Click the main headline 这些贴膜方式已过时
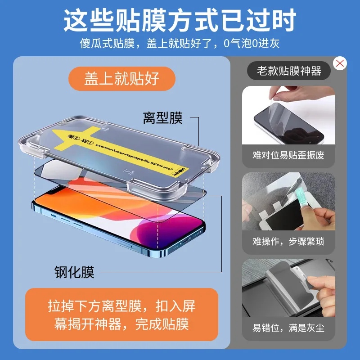pos(180,20)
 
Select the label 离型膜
pos(162,118)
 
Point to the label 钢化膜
pos(75,272)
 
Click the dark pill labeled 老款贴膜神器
pos(289,71)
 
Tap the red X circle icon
pos(340,63)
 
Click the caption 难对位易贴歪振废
pos(288,156)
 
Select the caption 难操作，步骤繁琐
pos(288,242)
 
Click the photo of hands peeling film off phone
pos(288,115)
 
